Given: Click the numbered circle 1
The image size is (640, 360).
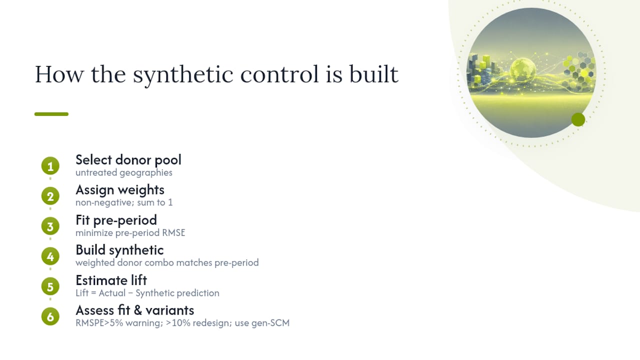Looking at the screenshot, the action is point(50,165).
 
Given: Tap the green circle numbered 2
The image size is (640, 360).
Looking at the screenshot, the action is point(50,196).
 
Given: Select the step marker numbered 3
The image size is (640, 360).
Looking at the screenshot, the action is point(50,226).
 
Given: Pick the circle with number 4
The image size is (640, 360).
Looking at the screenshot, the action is point(50,256).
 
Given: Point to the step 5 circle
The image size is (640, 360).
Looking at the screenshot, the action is point(50,286).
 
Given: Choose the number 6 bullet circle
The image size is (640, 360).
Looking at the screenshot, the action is point(50,316).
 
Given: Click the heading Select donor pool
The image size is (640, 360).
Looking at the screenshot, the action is point(128,160).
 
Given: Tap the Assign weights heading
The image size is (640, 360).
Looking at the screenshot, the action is point(120,190).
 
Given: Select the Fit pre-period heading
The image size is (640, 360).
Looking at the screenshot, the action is point(116,220).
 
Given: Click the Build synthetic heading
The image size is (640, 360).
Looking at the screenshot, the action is point(119,250).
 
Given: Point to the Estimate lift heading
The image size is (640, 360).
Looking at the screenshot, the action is point(111,280).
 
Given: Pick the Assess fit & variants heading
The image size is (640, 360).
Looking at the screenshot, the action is point(135,310).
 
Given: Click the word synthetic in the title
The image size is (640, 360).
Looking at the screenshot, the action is point(183,75).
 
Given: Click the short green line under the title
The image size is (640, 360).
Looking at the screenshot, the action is point(51,114).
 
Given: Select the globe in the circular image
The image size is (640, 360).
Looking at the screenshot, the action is point(523,69).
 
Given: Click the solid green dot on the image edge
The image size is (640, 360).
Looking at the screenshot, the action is point(578,119).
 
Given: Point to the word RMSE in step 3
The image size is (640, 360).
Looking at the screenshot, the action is point(173,233).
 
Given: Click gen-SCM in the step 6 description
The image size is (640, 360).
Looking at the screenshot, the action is point(270,323).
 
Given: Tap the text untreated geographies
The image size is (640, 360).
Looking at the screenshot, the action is point(124,173).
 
